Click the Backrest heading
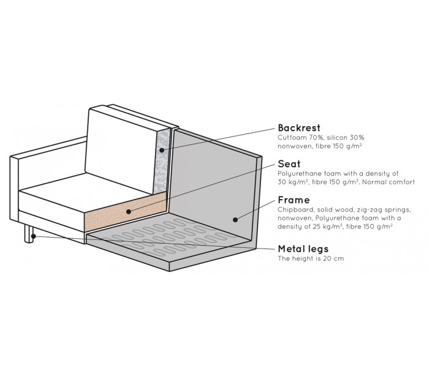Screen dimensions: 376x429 pos(299,128)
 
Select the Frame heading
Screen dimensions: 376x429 pos(293,200)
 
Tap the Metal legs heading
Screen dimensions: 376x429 pos(303,249)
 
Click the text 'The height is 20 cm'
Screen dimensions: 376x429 pos(311,259)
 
